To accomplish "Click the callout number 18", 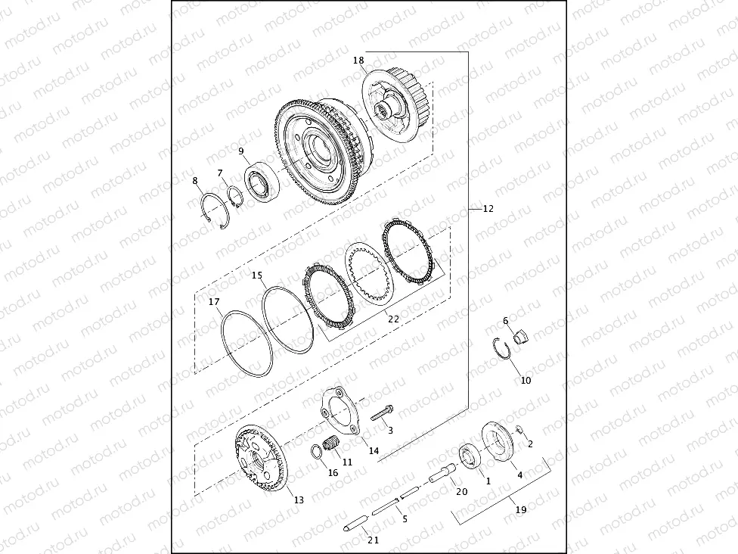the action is point(358,61).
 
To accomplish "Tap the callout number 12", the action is point(488,208).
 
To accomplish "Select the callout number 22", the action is point(393,319).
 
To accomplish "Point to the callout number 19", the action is point(520,509).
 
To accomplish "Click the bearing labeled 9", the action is point(262,182).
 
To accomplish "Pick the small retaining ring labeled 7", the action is point(234,195).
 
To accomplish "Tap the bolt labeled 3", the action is point(382,413).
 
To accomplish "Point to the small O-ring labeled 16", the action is point(317,453).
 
